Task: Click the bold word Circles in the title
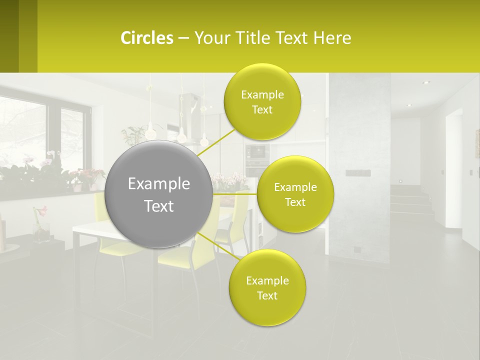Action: click(147, 37)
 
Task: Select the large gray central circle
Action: click(158, 194)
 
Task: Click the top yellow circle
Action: click(262, 101)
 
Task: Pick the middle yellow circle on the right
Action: click(295, 194)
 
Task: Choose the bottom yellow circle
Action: click(267, 287)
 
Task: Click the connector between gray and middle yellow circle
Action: click(235, 194)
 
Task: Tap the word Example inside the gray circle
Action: click(158, 183)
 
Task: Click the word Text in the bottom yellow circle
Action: click(267, 295)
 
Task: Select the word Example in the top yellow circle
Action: click(262, 94)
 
